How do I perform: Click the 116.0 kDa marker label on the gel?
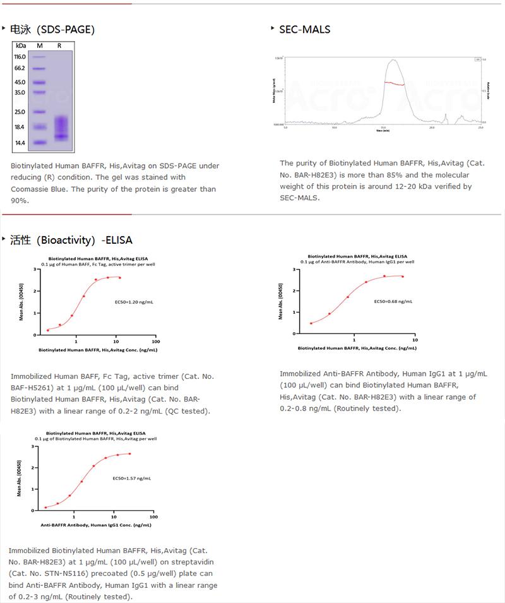[x=20, y=57]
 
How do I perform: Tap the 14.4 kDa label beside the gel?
[x=20, y=143]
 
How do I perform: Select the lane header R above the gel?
[x=59, y=45]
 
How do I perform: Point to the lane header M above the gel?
[x=39, y=45]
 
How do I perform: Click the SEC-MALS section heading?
[x=304, y=29]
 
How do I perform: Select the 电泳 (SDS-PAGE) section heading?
[x=52, y=29]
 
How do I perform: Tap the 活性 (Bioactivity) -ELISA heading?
[x=71, y=240]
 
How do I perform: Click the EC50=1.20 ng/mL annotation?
[x=134, y=302]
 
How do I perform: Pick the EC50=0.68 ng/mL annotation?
[x=393, y=301]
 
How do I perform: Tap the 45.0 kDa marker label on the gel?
[x=20, y=82]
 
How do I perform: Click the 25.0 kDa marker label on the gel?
[x=20, y=112]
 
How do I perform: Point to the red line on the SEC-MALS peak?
[x=395, y=83]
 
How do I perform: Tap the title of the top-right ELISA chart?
[x=357, y=256]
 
